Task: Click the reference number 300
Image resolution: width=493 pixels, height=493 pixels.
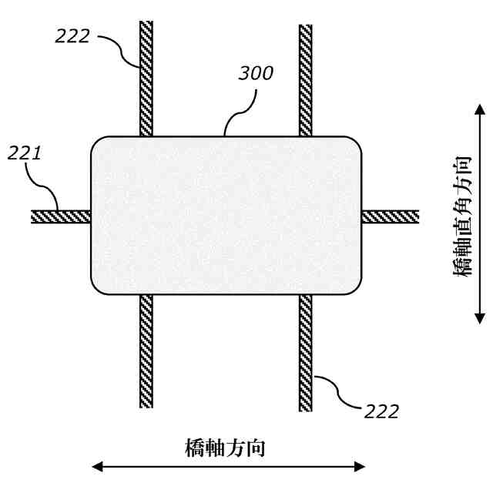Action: [255, 74]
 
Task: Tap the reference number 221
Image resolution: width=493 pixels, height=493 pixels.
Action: [24, 153]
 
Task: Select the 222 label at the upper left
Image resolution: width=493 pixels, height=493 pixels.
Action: [72, 35]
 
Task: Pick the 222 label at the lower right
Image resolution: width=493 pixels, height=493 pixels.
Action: [381, 411]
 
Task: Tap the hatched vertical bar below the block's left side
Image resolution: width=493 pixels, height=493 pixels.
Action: [146, 350]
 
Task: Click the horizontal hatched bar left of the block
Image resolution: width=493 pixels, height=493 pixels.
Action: [61, 216]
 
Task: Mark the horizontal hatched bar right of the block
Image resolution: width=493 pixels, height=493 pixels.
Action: [390, 216]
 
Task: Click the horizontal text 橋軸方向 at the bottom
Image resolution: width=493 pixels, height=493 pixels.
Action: [225, 448]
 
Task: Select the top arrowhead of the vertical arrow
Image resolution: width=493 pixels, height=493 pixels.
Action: [479, 112]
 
